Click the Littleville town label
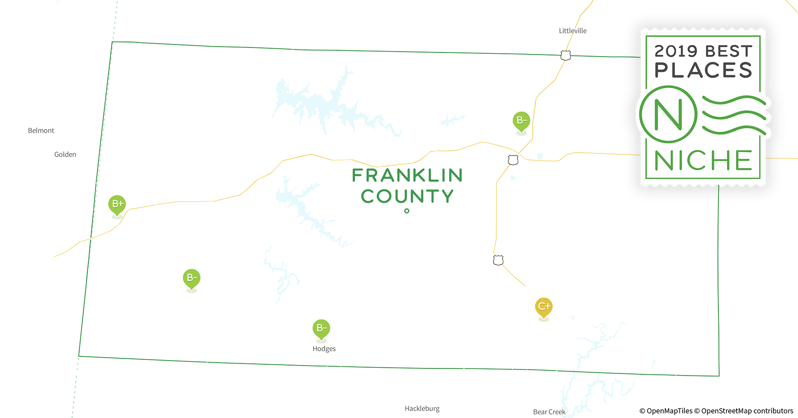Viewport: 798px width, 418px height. click(x=572, y=31)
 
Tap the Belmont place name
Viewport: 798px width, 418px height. click(x=41, y=130)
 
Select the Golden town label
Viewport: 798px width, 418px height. click(x=65, y=154)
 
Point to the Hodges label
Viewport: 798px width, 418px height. click(x=324, y=349)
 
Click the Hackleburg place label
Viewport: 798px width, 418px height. click(x=422, y=408)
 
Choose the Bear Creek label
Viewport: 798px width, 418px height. click(x=549, y=412)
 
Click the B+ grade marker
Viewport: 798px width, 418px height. click(x=117, y=204)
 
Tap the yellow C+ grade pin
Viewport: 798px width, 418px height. click(x=544, y=306)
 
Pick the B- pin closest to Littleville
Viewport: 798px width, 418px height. click(x=521, y=120)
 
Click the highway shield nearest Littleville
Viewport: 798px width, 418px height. click(x=566, y=55)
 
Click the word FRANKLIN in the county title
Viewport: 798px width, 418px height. click(x=407, y=175)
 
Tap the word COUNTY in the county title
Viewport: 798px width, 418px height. click(x=407, y=196)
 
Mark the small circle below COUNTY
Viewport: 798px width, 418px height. click(x=407, y=211)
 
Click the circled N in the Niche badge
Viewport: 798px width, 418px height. click(x=668, y=114)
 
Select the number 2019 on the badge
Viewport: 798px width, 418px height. click(x=676, y=51)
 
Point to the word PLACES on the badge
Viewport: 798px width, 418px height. click(x=703, y=70)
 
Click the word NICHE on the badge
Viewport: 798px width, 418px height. click(x=703, y=161)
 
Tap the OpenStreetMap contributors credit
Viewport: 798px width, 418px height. click(x=747, y=411)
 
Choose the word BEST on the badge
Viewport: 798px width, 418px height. click(x=729, y=51)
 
